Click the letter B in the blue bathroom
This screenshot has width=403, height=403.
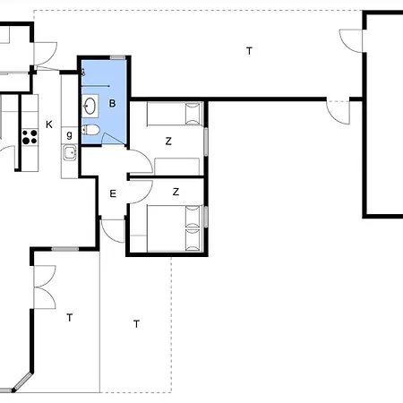point(112,103)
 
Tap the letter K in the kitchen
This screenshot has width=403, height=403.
point(49,124)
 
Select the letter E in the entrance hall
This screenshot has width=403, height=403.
point(113,193)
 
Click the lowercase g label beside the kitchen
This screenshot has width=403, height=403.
point(69,135)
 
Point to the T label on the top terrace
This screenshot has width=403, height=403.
point(249,51)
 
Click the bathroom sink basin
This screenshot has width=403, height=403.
point(90,106)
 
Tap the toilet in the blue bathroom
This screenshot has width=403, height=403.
point(90,130)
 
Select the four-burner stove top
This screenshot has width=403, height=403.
point(30,137)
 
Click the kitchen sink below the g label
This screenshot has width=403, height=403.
point(70,153)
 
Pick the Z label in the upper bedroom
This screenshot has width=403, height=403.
point(168,141)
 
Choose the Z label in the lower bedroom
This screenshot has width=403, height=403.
point(176,192)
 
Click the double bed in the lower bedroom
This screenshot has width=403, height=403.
point(176,228)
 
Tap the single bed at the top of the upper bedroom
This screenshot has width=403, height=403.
point(175,114)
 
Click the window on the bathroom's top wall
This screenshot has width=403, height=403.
point(117,57)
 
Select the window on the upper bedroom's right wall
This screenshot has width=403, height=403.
point(206,141)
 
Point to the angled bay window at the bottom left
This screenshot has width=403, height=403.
point(22,382)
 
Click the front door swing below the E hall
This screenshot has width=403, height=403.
point(112,231)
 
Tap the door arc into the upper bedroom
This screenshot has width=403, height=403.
point(141,161)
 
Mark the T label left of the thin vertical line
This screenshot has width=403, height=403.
point(70,318)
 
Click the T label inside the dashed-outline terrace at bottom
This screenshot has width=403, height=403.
point(136,324)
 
